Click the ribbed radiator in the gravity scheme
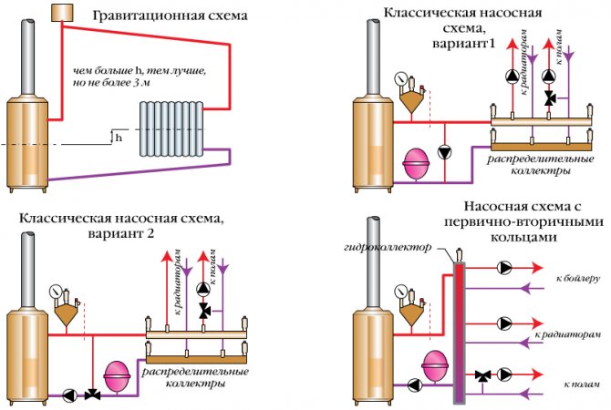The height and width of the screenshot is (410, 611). (x=171, y=128)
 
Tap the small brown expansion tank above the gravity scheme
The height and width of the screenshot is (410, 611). (x=62, y=13)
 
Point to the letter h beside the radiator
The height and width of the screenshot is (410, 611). (x=119, y=138)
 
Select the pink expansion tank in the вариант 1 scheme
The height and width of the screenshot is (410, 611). (x=416, y=163)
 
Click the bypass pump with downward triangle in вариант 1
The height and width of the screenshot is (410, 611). (x=445, y=152)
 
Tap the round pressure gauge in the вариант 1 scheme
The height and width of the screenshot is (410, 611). (x=400, y=78)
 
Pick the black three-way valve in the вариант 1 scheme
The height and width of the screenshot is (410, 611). (x=551, y=97)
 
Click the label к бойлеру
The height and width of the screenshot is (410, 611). (x=578, y=279)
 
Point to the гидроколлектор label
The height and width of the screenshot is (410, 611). (x=388, y=247)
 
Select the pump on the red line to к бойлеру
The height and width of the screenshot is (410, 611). (x=504, y=268)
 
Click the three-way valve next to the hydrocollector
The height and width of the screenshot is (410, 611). (x=483, y=376)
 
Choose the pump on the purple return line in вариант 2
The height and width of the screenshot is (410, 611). (x=70, y=395)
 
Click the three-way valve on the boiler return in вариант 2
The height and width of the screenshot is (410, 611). (x=93, y=395)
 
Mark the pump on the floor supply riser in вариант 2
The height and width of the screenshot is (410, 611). (x=203, y=289)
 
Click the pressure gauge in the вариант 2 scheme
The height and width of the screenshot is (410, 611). (x=56, y=291)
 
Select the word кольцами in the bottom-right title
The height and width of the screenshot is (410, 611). (x=523, y=237)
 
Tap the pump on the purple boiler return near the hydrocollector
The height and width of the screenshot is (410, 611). (x=415, y=385)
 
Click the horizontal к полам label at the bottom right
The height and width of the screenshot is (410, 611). (x=582, y=384)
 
